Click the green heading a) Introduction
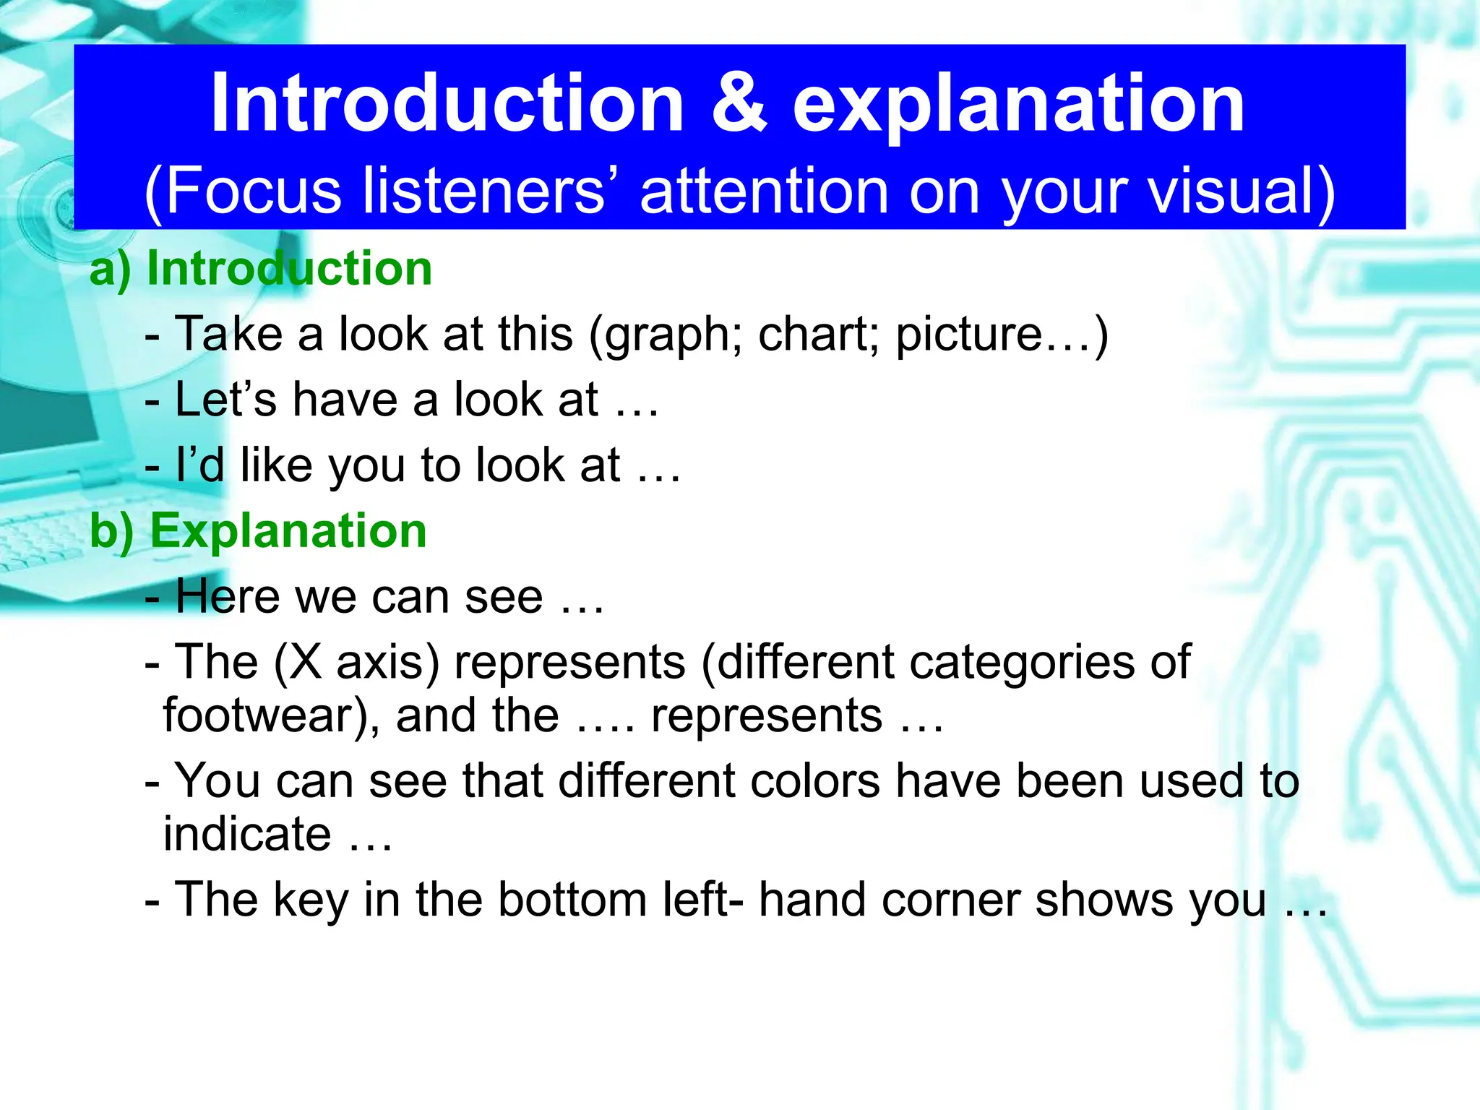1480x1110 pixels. [261, 269]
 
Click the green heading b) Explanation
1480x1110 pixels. [259, 531]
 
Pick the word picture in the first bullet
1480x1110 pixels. [968, 337]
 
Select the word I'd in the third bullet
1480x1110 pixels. [199, 465]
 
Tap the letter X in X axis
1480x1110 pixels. [306, 662]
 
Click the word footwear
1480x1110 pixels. [264, 715]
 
